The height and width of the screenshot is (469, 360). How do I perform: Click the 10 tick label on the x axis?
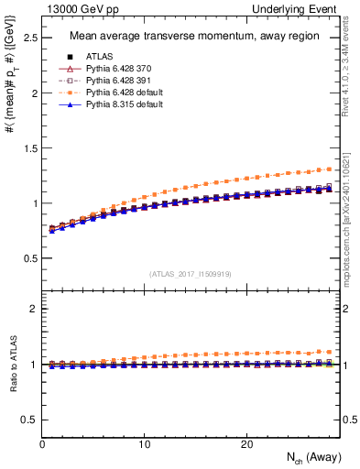(x=144, y=444)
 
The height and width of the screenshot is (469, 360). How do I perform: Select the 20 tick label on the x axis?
(x=246, y=444)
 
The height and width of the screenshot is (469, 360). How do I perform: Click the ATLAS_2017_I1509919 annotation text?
(x=191, y=273)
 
